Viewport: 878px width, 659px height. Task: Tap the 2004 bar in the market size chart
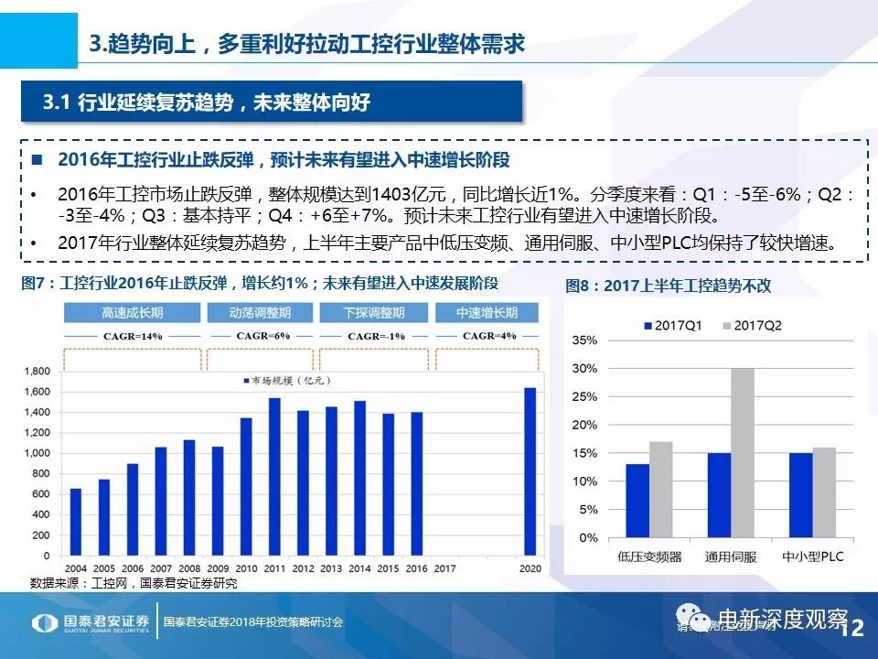click(x=75, y=522)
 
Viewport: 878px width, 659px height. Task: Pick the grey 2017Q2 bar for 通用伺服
click(x=743, y=453)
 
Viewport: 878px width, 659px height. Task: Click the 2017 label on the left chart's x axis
click(x=444, y=568)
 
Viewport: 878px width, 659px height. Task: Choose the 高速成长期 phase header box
click(x=132, y=313)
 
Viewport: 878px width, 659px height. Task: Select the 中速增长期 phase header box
click(x=487, y=313)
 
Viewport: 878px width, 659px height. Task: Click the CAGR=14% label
click(x=132, y=336)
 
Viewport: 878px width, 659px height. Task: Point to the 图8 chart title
click(x=668, y=286)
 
